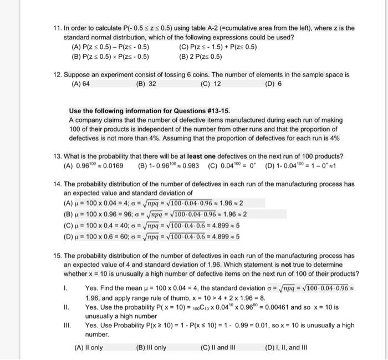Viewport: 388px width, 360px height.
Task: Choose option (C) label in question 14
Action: pos(69,225)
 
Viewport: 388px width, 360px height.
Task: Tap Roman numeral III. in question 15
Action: pos(68,326)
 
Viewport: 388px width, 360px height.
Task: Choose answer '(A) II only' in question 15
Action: pos(89,348)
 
